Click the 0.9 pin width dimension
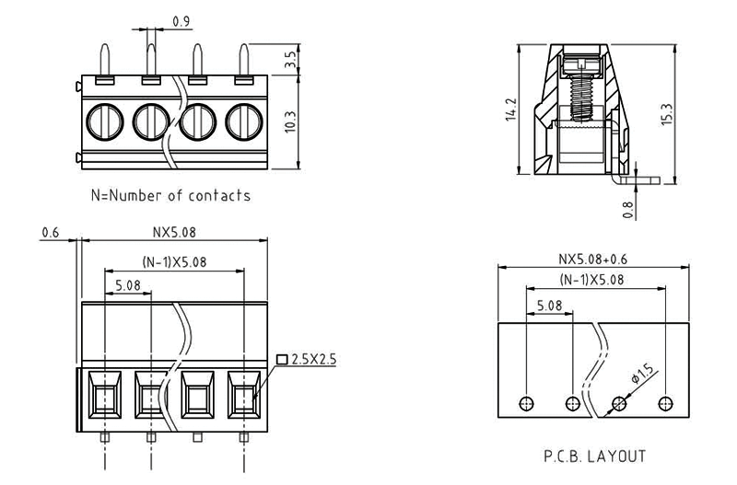pyautogui.click(x=181, y=20)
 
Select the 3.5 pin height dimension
pyautogui.click(x=291, y=60)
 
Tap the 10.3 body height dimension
pyautogui.click(x=291, y=121)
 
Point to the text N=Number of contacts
pyautogui.click(x=170, y=196)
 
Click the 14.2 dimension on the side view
pyautogui.click(x=512, y=109)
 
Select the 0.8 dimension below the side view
pyautogui.click(x=628, y=209)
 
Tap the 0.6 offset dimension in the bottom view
pyautogui.click(x=52, y=234)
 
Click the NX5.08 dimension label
pyautogui.click(x=172, y=234)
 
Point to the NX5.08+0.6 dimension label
pyautogui.click(x=592, y=259)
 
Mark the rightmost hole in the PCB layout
pyautogui.click(x=665, y=403)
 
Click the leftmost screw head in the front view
pyautogui.click(x=102, y=121)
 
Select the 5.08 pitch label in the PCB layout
pyautogui.click(x=549, y=305)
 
